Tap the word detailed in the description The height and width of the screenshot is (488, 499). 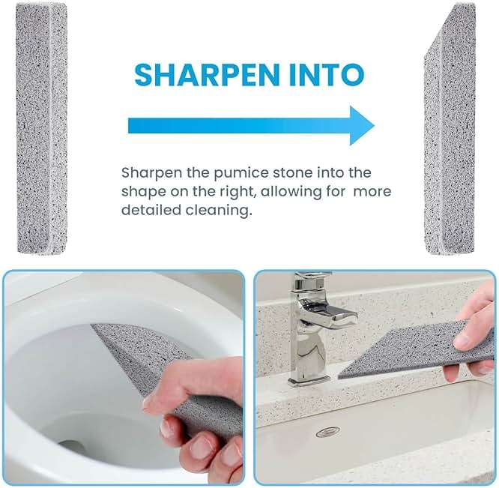[x=149, y=211]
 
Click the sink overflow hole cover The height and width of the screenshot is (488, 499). [x=327, y=433]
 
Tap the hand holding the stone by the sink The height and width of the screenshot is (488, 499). [x=472, y=330]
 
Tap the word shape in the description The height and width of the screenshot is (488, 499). [x=142, y=192]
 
